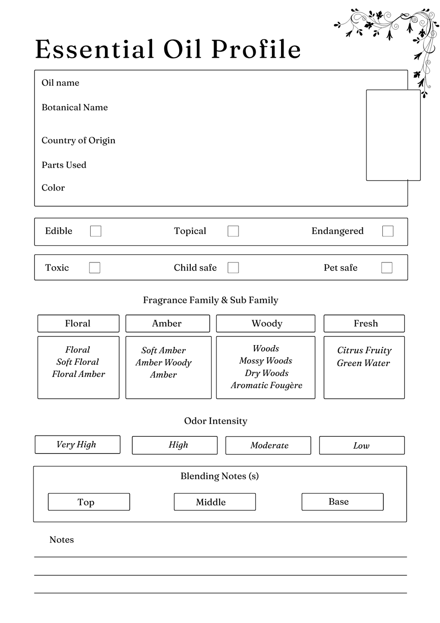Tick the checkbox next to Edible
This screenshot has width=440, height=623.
coord(96,231)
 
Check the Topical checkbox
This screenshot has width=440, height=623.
coord(233,231)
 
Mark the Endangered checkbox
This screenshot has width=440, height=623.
coord(388,231)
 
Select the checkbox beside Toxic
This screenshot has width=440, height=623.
coord(95,268)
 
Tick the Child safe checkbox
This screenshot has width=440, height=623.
coord(233,268)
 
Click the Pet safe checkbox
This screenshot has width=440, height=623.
coord(387,268)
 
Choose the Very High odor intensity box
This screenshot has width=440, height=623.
coord(77,444)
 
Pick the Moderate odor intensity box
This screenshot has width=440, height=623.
coord(268,445)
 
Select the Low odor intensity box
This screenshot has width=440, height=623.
coord(362,445)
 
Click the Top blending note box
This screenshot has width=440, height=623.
coord(89,502)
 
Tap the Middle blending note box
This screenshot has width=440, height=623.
coord(215,502)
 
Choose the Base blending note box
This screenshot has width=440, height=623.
coord(342,502)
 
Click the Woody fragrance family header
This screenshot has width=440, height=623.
coord(266,324)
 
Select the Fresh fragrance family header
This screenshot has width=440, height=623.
coord(364,324)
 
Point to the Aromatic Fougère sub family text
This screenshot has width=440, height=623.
coord(266,386)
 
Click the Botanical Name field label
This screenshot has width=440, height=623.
coord(75,108)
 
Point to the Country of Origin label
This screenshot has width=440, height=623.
coord(79,141)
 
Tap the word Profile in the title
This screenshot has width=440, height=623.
coord(256,49)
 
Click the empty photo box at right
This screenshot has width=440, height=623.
coord(393,135)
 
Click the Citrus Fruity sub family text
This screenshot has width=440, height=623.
coord(364,351)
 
